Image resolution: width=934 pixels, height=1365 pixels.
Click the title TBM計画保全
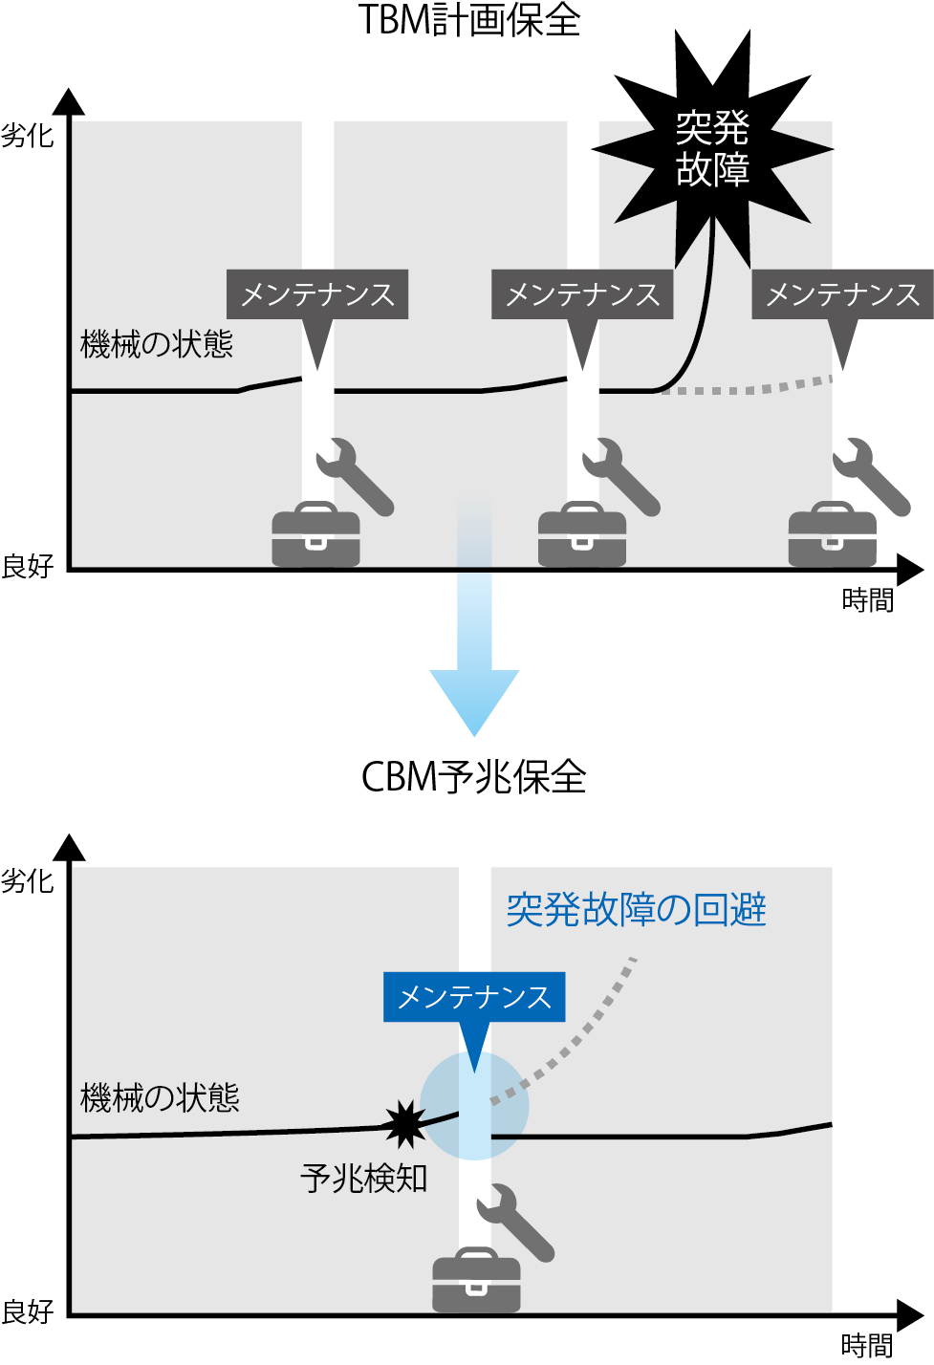468,19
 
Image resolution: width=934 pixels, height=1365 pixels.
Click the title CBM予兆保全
473,777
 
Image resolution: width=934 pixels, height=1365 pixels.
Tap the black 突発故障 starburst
712,148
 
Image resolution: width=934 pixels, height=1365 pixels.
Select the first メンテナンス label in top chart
317,294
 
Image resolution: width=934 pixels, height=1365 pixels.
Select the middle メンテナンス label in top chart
582,294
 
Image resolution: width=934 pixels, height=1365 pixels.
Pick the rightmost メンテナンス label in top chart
842,294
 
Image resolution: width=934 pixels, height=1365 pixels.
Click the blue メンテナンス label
474,997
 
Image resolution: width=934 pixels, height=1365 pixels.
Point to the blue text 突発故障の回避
636,909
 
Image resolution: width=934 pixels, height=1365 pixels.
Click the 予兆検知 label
363,1179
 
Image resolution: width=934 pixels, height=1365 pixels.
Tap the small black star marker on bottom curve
405,1124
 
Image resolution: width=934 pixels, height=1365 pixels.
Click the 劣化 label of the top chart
27,136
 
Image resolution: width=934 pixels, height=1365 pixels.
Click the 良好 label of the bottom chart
27,1311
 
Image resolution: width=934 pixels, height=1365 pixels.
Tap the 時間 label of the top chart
867,600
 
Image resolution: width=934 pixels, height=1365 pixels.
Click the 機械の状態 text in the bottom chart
160,1097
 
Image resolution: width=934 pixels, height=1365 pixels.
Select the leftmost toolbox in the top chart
315,535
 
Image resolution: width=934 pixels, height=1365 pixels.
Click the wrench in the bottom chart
516,1223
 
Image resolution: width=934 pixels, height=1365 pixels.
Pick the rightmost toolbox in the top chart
832,535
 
